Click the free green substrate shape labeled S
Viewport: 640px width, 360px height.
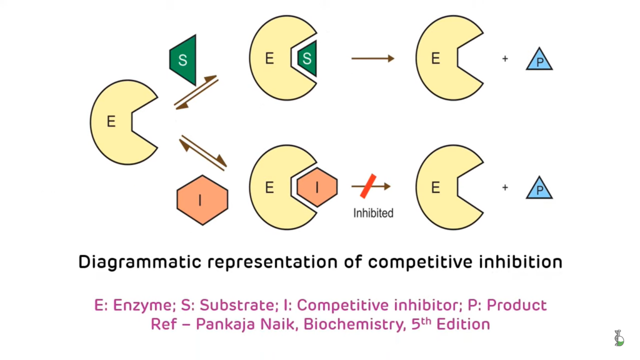(x=183, y=60)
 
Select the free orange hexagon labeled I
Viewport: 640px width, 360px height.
(x=202, y=200)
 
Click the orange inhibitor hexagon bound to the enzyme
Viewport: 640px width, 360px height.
(x=317, y=187)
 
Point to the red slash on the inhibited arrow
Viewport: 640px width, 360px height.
(x=368, y=186)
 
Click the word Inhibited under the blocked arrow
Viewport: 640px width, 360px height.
(x=373, y=213)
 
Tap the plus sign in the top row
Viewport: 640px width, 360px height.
(x=505, y=59)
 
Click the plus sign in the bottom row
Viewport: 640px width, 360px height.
(x=505, y=187)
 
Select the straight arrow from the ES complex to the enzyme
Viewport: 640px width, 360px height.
(x=372, y=59)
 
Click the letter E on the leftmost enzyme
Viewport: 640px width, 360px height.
(x=111, y=122)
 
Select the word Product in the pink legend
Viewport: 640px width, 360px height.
(x=517, y=305)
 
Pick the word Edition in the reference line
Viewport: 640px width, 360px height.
(x=463, y=324)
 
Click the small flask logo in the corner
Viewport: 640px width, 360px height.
(x=619, y=338)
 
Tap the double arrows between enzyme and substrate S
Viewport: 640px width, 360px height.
(x=196, y=92)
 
